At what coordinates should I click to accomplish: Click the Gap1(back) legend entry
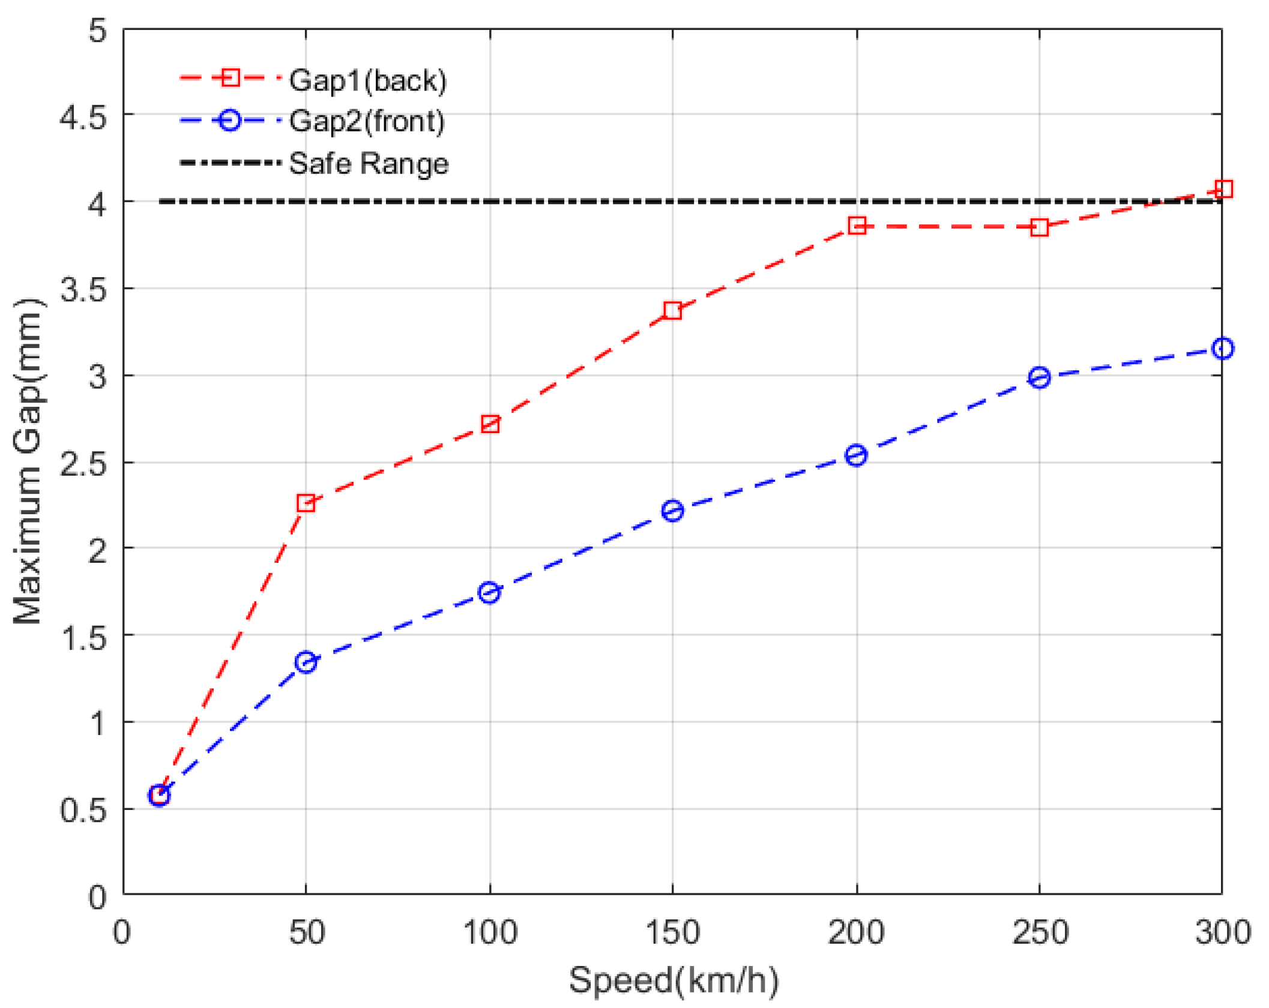click(x=367, y=80)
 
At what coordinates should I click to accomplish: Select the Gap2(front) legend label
click(x=367, y=121)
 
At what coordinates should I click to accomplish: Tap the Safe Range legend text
click(x=369, y=163)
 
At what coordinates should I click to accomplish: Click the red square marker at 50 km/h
click(x=306, y=503)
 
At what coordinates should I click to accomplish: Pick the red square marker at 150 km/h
click(x=672, y=310)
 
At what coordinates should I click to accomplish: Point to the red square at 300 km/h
click(x=1223, y=189)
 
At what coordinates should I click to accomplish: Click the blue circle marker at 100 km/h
click(x=489, y=593)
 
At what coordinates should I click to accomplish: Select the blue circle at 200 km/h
click(x=856, y=455)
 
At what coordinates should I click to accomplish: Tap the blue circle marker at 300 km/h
click(x=1223, y=349)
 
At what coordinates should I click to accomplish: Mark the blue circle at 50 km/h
click(x=306, y=662)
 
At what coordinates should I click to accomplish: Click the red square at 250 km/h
click(x=1039, y=227)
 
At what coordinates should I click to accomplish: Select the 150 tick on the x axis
click(x=672, y=932)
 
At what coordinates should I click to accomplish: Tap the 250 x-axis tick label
click(x=1040, y=932)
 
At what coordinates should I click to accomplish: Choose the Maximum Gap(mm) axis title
click(x=28, y=461)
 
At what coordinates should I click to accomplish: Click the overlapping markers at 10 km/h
click(x=159, y=796)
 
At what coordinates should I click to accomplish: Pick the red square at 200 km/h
click(x=857, y=226)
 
